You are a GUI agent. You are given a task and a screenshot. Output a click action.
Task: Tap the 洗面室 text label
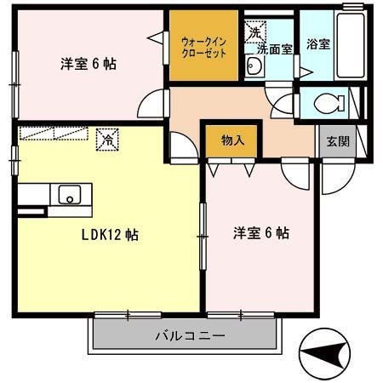click(x=275, y=49)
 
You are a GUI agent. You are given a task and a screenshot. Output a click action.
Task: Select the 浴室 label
click(x=318, y=43)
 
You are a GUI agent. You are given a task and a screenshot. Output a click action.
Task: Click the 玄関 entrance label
click(x=332, y=141)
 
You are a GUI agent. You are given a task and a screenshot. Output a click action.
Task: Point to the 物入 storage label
click(x=232, y=140)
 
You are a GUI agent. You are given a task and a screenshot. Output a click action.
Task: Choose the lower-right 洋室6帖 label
click(x=261, y=232)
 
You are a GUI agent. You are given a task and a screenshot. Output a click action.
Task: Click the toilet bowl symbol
click(x=327, y=104)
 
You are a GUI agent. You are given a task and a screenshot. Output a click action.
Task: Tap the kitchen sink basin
click(x=67, y=195)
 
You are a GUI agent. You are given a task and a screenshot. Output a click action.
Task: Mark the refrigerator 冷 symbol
click(x=108, y=136)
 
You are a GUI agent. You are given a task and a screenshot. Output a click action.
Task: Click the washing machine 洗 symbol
click(x=254, y=32)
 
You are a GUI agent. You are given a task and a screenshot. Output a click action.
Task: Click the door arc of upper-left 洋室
click(x=151, y=106)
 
